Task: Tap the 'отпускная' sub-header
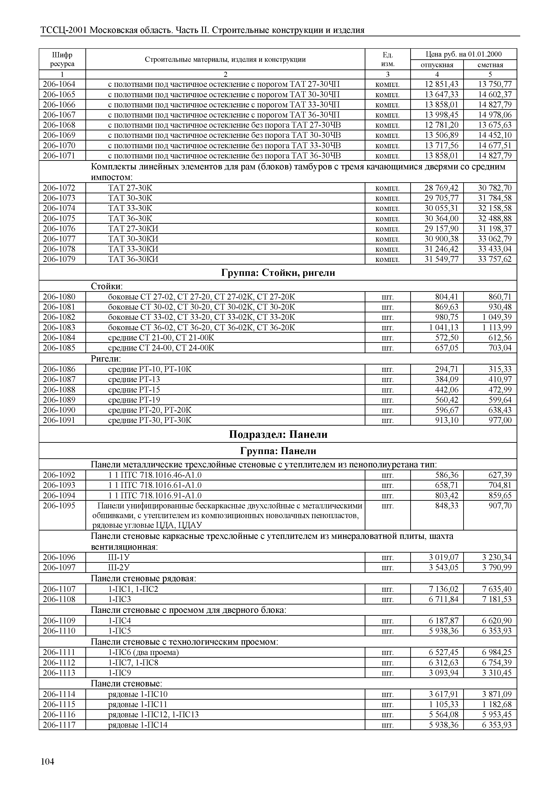pos(437,65)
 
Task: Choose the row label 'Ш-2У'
pos(119,567)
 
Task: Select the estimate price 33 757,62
pos(494,259)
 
